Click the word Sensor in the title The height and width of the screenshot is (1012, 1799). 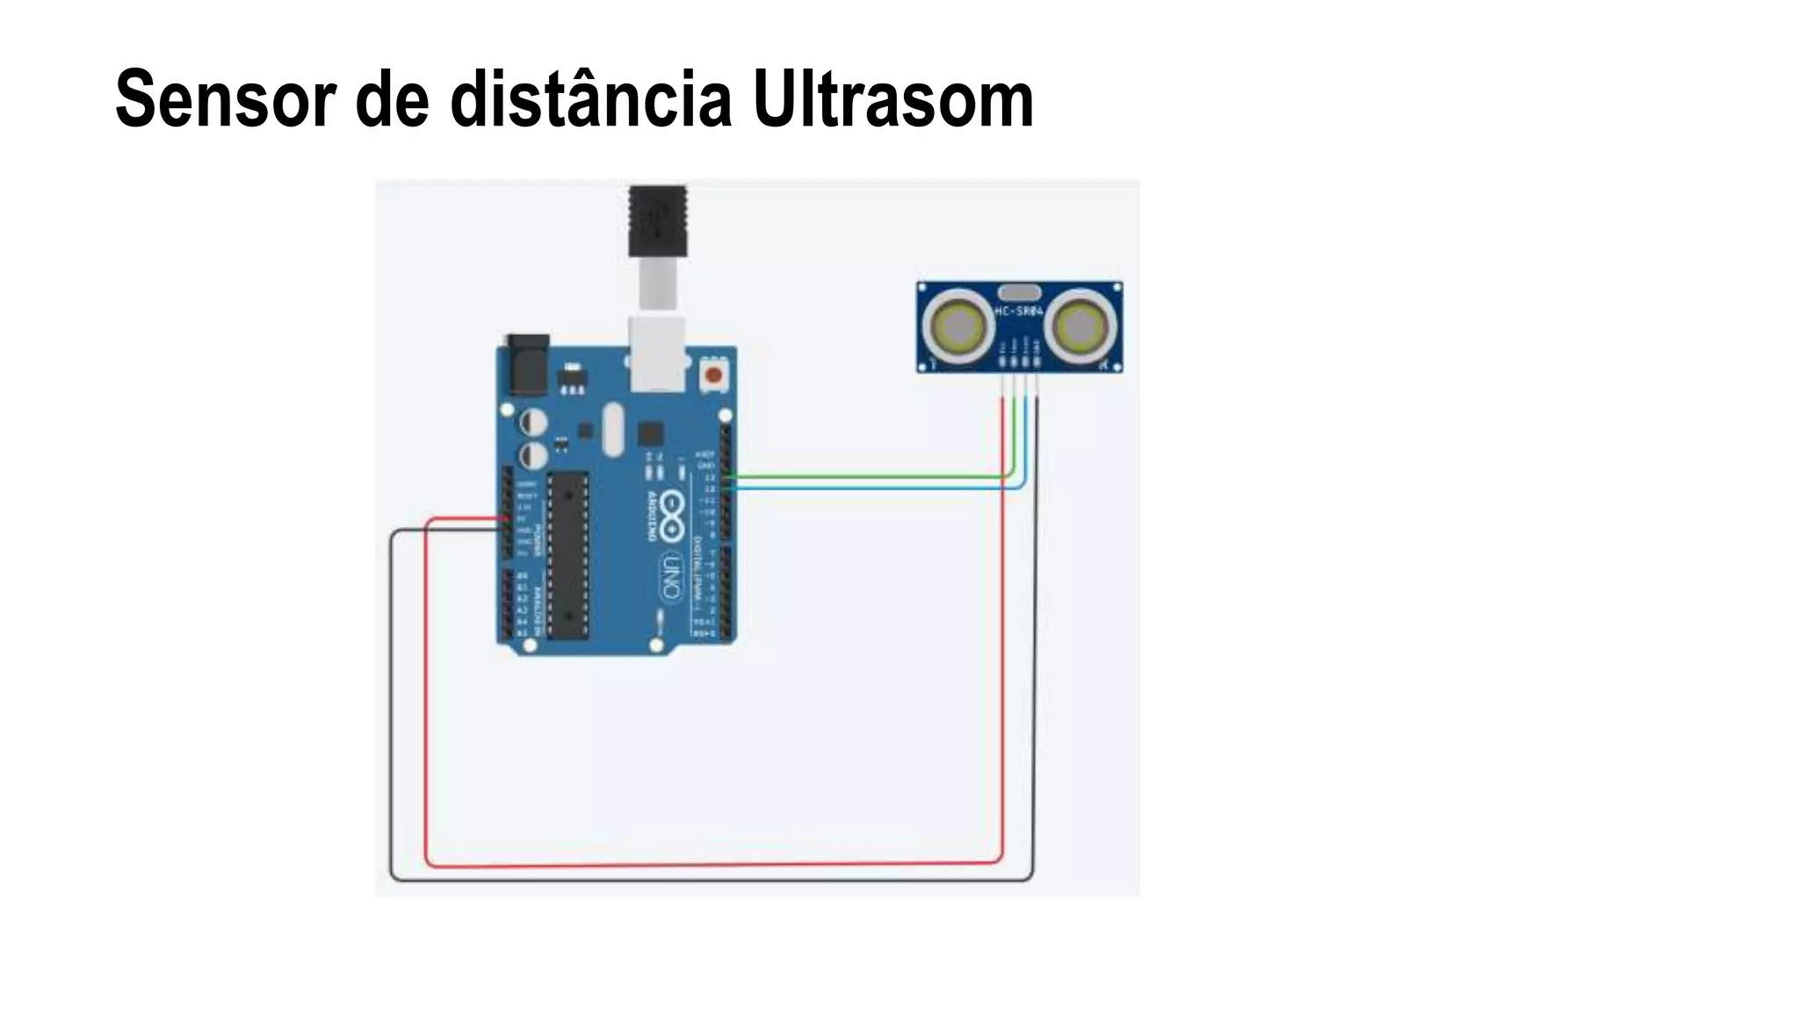pos(224,99)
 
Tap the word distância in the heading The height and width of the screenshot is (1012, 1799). pos(590,99)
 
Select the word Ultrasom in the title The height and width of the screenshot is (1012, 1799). pos(892,99)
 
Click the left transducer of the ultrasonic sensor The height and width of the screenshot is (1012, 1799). pos(957,327)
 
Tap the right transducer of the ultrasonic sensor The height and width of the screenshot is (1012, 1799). pos(1081,327)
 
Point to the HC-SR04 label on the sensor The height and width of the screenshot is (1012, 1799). pos(1019,312)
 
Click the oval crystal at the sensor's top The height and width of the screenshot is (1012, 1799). pos(1019,293)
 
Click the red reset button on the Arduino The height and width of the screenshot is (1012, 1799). pos(713,376)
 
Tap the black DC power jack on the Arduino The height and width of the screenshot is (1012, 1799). pos(527,364)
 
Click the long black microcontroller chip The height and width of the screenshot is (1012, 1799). pos(567,553)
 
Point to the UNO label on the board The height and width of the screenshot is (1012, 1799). pos(670,576)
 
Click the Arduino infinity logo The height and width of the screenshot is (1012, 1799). pos(672,516)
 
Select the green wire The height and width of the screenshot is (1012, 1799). pos(870,477)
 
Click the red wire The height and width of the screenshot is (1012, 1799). pos(712,864)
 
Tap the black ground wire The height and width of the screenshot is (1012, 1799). pos(712,878)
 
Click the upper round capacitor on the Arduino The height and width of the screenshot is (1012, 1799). pos(532,423)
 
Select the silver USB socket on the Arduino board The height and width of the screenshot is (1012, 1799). pos(657,353)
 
